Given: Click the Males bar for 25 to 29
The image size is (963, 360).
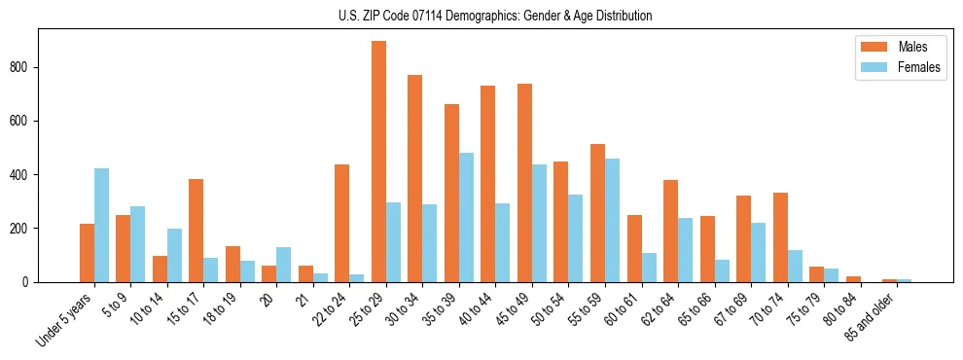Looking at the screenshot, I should pyautogui.click(x=378, y=162).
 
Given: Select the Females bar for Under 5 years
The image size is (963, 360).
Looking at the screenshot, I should pyautogui.click(x=102, y=225).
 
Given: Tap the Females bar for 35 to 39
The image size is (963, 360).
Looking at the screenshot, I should pyautogui.click(x=466, y=217).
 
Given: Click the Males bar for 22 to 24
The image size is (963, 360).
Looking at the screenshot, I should pyautogui.click(x=342, y=223).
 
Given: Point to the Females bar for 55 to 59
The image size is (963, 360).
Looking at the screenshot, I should pyautogui.click(x=612, y=220).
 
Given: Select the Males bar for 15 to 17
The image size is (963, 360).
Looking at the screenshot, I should pyautogui.click(x=196, y=231).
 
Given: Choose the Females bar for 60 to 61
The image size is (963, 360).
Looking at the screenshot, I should pyautogui.click(x=649, y=268).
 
